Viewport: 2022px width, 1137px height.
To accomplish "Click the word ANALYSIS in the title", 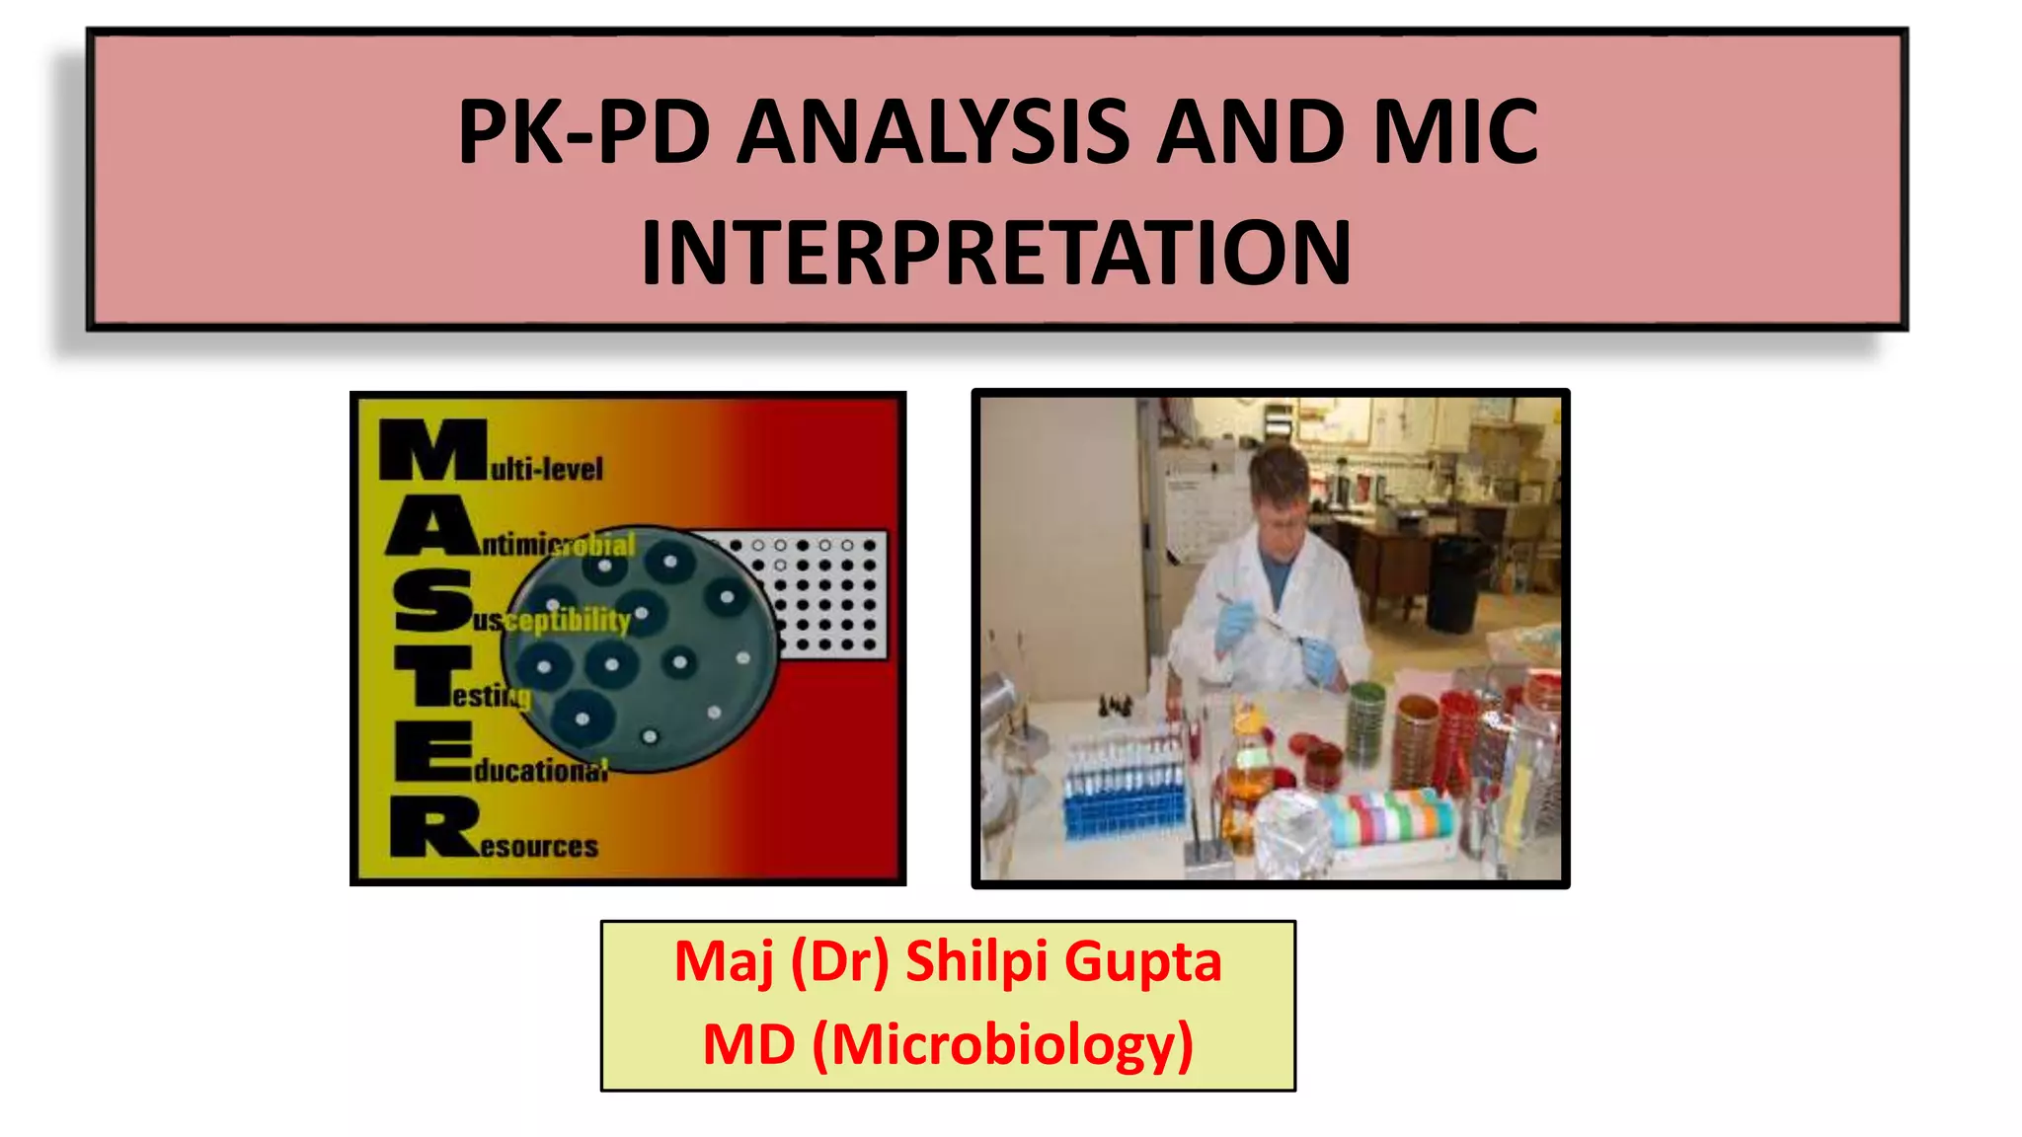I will [x=932, y=133].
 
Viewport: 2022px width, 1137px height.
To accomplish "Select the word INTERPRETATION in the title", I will [x=996, y=254].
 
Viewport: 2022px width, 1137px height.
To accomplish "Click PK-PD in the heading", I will [x=583, y=133].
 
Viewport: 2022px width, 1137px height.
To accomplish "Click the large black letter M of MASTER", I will [x=432, y=450].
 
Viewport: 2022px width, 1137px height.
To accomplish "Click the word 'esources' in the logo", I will [x=539, y=847].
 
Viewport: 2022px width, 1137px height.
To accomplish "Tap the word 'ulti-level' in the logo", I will [x=547, y=468].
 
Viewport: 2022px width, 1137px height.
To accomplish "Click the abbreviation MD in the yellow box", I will [x=748, y=1045].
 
